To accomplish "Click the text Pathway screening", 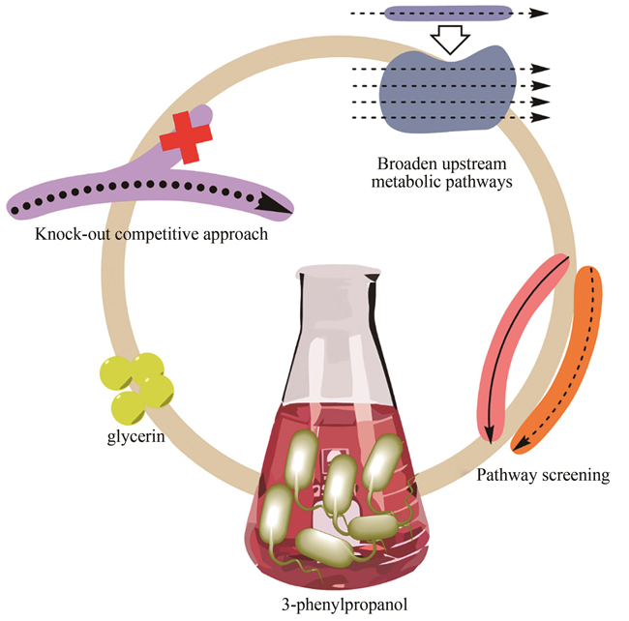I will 543,475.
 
